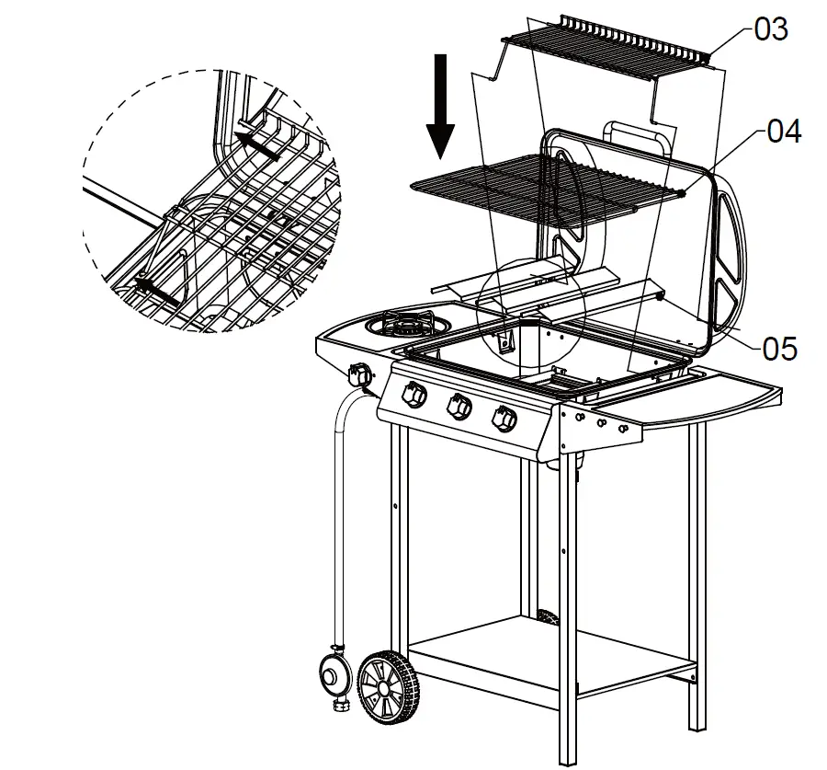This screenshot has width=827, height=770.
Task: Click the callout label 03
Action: [770, 29]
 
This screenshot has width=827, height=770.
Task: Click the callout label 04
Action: [783, 132]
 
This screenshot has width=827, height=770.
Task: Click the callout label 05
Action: [779, 349]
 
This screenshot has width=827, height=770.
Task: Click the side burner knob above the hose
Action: [360, 376]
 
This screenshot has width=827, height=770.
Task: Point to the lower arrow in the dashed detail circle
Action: [156, 291]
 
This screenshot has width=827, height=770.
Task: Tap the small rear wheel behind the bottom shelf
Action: [549, 616]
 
